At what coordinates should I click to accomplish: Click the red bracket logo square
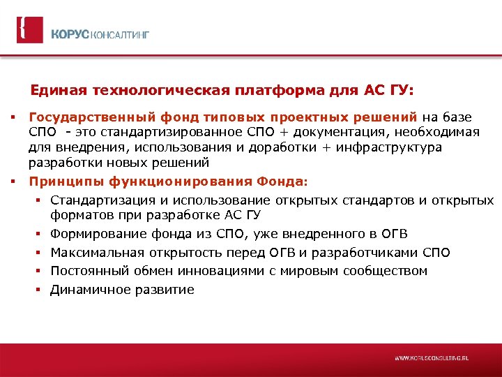[x=29, y=30]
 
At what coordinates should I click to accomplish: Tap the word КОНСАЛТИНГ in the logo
[x=118, y=34]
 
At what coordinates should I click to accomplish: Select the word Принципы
[x=66, y=182]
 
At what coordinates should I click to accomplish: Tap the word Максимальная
[x=92, y=252]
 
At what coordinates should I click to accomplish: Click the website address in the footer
[x=432, y=357]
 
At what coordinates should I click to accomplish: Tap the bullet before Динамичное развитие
[x=40, y=290]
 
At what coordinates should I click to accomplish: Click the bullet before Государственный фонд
[x=13, y=117]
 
